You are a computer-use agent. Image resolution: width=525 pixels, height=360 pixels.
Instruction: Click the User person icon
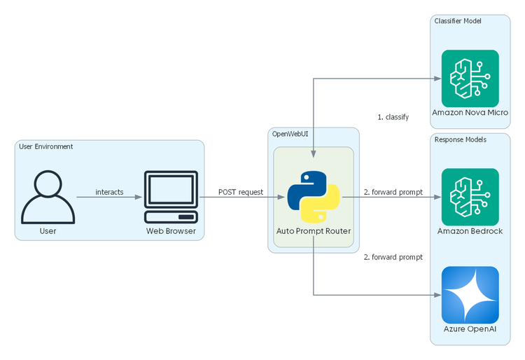pyautogui.click(x=48, y=197)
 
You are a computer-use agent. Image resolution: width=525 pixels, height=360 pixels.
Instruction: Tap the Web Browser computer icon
pyautogui.click(x=171, y=197)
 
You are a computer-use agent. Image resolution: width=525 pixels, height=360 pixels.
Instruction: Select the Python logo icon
pyautogui.click(x=314, y=197)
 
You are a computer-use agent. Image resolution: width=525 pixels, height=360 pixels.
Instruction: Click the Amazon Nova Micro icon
pyautogui.click(x=470, y=78)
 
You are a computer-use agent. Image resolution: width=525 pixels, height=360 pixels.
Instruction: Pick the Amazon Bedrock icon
pyautogui.click(x=470, y=197)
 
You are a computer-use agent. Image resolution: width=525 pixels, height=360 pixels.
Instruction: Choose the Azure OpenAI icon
pyautogui.click(x=470, y=295)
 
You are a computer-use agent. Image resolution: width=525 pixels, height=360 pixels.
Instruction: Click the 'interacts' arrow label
pyautogui.click(x=109, y=191)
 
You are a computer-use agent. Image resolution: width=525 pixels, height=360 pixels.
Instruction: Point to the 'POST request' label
pyautogui.click(x=241, y=191)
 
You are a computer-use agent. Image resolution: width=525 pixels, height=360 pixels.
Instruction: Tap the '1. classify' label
pyautogui.click(x=393, y=117)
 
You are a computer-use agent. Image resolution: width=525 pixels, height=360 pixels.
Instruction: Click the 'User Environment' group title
pyautogui.click(x=47, y=146)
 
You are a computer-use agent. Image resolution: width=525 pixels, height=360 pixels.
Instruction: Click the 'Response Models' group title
pyautogui.click(x=460, y=139)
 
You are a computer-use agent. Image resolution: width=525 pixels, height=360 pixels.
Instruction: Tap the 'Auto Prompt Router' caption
pyautogui.click(x=314, y=231)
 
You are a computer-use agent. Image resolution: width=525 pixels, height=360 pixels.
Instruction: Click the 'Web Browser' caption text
pyautogui.click(x=171, y=231)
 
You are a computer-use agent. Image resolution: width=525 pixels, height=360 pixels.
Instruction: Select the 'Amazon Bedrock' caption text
pyautogui.click(x=470, y=231)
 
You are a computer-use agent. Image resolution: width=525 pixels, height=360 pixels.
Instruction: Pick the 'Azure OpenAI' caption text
pyautogui.click(x=470, y=329)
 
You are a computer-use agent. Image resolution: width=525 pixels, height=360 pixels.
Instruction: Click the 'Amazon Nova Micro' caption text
pyautogui.click(x=470, y=112)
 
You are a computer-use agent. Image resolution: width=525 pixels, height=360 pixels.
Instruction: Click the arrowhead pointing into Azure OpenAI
pyautogui.click(x=436, y=295)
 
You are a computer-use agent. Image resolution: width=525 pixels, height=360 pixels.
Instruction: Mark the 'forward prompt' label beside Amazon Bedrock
pyautogui.click(x=393, y=191)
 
